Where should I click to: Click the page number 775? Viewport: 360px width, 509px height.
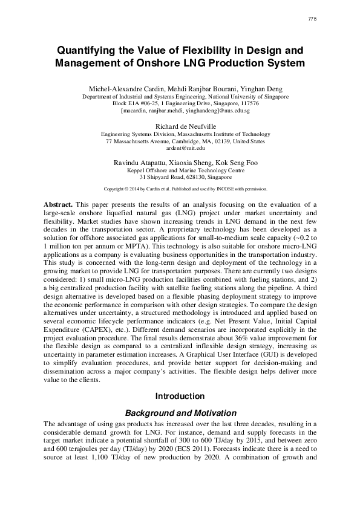pos(312,19)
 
